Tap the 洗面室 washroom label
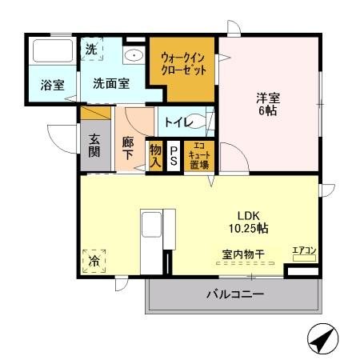point(110,83)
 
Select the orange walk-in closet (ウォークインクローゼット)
point(183,64)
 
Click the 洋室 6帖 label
point(266,105)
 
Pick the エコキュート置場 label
point(198,155)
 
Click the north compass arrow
point(321,339)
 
